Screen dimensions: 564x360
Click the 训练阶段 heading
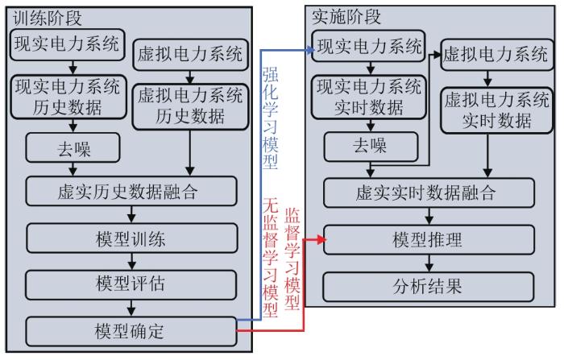(x=48, y=18)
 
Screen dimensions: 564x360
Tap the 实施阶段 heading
(x=346, y=17)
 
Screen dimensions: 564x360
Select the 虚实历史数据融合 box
(x=131, y=192)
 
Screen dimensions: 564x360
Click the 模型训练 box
(x=132, y=238)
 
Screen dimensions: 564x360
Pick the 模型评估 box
(x=131, y=284)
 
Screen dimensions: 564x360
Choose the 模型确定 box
(x=131, y=332)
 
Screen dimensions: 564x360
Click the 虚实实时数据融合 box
(x=429, y=192)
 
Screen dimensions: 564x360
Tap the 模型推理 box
(x=429, y=240)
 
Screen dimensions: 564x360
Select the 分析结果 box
(x=428, y=287)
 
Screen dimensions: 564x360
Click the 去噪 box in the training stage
(x=73, y=148)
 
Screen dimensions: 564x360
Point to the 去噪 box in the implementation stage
(x=371, y=147)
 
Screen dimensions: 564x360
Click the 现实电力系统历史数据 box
(x=68, y=97)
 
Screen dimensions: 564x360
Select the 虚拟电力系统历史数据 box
(x=191, y=107)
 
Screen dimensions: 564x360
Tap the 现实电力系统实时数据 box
(x=369, y=97)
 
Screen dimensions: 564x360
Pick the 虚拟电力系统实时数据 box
(x=497, y=110)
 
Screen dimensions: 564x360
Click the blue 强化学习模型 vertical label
(x=270, y=118)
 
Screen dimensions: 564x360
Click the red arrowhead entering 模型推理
(x=321, y=240)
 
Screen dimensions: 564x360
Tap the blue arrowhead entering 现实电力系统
(x=309, y=50)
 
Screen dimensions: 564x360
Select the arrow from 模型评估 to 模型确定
(x=131, y=308)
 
